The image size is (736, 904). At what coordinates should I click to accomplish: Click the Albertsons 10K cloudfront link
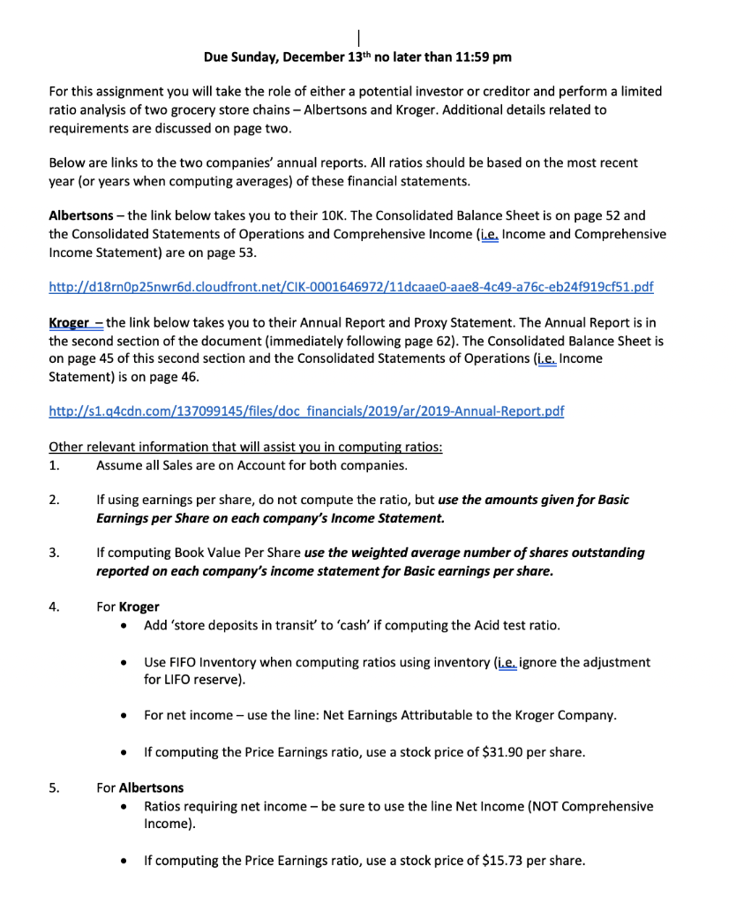(x=350, y=287)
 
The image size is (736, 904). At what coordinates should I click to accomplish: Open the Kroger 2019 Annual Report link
(x=306, y=411)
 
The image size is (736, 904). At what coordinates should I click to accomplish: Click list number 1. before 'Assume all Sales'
(x=55, y=465)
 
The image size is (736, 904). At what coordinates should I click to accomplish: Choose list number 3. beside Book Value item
(x=55, y=553)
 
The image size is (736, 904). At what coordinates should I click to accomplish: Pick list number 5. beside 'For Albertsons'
(x=55, y=787)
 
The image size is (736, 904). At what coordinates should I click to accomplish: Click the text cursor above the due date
(x=357, y=38)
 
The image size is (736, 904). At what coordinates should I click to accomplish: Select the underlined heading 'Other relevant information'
(x=245, y=447)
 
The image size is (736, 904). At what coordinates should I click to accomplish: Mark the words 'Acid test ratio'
(x=521, y=626)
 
